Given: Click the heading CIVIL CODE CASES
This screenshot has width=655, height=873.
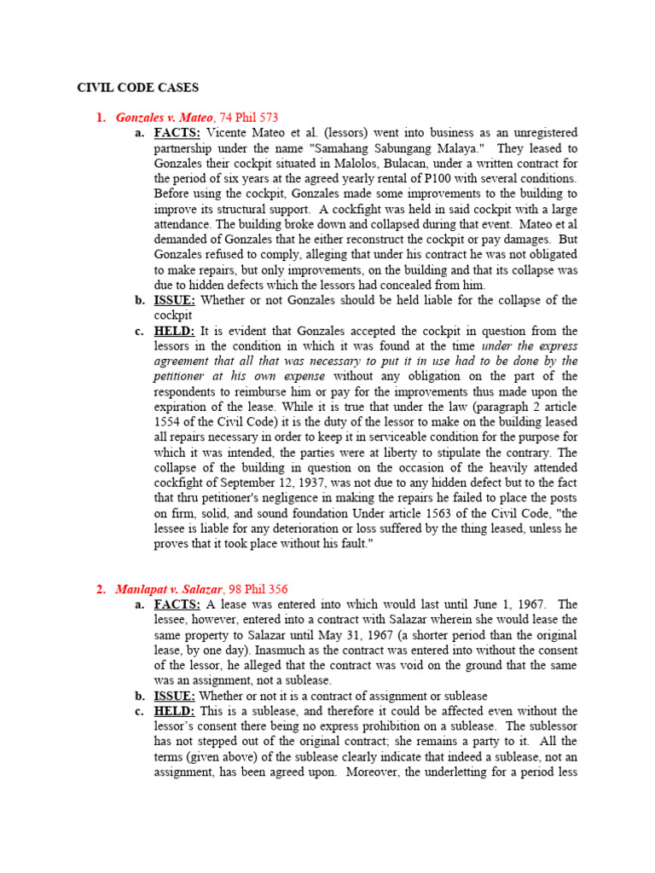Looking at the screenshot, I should (x=138, y=87).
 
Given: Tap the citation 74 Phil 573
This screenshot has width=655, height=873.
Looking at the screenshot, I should (x=250, y=118).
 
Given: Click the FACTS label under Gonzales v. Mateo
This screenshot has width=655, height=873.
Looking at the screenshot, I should (x=177, y=133).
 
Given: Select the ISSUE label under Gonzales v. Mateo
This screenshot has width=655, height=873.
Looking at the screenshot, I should (x=176, y=300).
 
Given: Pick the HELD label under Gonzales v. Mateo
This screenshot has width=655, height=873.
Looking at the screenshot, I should (x=175, y=331).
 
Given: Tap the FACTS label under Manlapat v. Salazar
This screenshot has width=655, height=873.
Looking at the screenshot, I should (x=177, y=604).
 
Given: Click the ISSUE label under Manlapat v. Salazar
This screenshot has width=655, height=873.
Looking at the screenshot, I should (x=176, y=696).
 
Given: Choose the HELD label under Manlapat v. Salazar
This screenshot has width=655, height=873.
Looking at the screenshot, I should (x=175, y=711).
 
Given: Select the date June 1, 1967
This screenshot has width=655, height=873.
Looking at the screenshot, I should (x=502, y=604).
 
